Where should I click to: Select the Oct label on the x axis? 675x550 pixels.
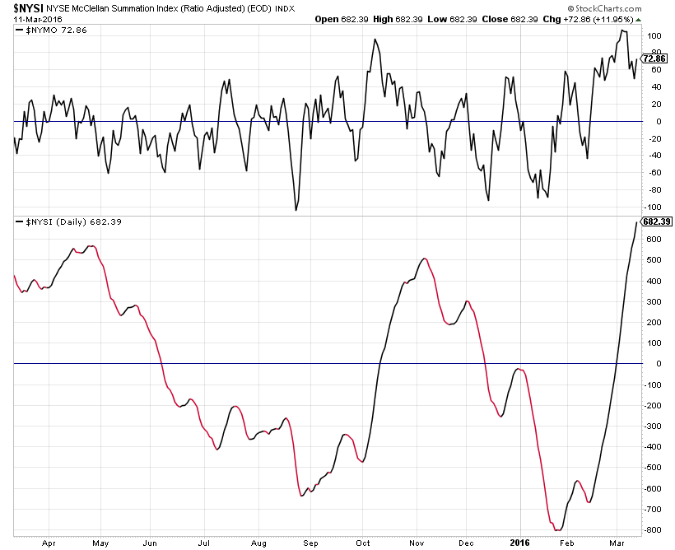(x=362, y=543)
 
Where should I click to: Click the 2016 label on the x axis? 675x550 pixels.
(x=519, y=543)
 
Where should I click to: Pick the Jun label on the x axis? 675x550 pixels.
(x=151, y=543)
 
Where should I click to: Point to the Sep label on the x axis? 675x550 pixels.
(x=310, y=543)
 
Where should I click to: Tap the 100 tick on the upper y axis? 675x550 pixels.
(x=654, y=36)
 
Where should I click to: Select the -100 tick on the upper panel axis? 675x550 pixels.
(x=654, y=207)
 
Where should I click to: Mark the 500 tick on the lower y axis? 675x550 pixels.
(x=654, y=259)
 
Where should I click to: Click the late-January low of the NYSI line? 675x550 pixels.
(x=557, y=530)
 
